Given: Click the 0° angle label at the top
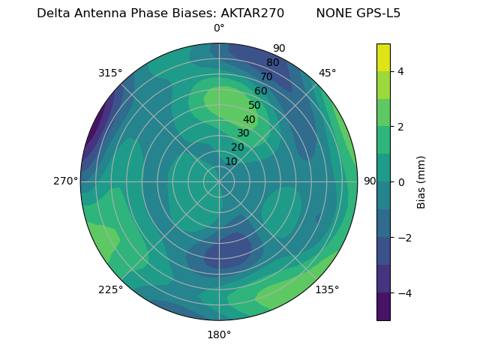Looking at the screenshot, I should click(x=219, y=28).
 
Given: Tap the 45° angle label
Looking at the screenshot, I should click(x=327, y=73).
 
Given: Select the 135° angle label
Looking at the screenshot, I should click(x=327, y=289).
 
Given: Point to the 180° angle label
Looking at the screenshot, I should click(x=219, y=334).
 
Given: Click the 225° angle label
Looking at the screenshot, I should click(x=110, y=289).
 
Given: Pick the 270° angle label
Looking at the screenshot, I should click(x=65, y=181).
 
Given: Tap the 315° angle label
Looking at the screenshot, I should click(x=110, y=73).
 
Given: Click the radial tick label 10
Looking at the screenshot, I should click(x=231, y=162).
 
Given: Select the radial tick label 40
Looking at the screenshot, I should click(x=249, y=120).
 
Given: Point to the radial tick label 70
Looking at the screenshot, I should click(x=266, y=77).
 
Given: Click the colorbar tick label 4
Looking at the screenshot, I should click(x=401, y=71).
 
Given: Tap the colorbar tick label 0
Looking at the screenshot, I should click(x=401, y=181).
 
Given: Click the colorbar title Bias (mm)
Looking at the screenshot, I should click(x=421, y=181).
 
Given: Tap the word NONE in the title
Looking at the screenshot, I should click(x=332, y=13).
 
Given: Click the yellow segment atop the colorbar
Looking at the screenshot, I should click(x=383, y=57).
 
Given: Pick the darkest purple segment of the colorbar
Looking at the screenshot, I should click(x=383, y=307).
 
